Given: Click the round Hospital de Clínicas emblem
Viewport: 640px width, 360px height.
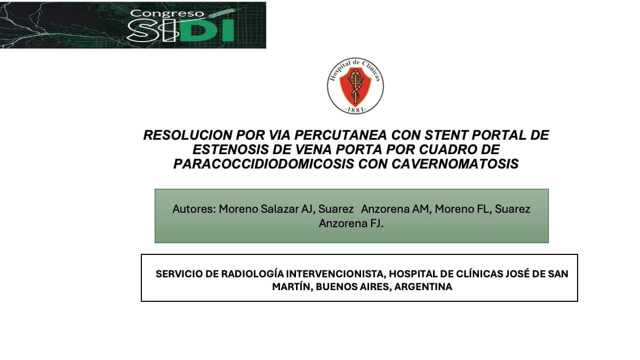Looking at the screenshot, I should click(355, 86).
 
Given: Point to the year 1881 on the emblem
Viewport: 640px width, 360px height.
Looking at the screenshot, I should click(355, 109).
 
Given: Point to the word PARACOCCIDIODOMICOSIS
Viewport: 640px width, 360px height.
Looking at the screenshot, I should click(263, 164).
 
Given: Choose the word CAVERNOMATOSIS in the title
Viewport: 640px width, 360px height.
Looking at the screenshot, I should click(455, 164).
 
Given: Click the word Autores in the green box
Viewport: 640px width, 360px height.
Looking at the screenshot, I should click(192, 209).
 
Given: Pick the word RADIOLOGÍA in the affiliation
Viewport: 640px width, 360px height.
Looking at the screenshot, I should click(252, 274).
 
